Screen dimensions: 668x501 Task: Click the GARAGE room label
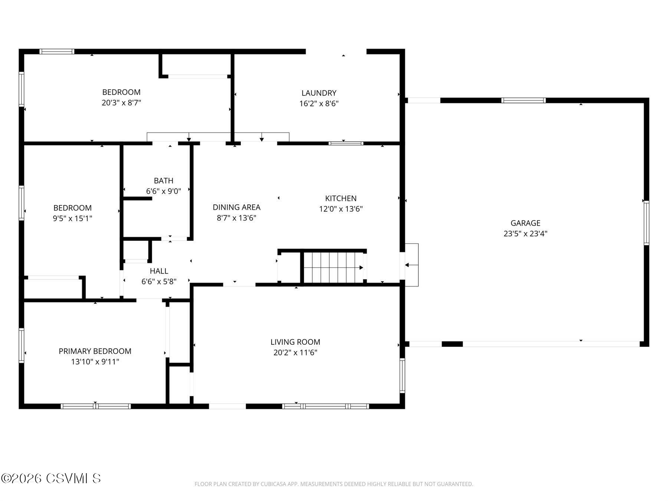click(x=525, y=223)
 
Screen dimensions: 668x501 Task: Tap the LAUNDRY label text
click(x=319, y=93)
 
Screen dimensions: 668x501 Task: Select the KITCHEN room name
click(x=341, y=198)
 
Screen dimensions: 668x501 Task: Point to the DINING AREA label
click(x=236, y=207)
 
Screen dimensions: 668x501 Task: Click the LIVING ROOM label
click(x=295, y=342)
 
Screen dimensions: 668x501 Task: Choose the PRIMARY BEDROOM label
click(x=95, y=351)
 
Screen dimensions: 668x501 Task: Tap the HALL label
click(x=159, y=271)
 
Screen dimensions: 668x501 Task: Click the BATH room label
click(x=164, y=180)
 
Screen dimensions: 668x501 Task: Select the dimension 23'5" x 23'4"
click(x=525, y=233)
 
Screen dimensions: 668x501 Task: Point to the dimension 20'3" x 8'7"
click(x=121, y=102)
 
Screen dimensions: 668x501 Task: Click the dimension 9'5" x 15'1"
click(x=72, y=218)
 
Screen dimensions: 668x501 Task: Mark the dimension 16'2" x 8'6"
click(x=319, y=103)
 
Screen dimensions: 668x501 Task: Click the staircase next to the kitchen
click(x=333, y=267)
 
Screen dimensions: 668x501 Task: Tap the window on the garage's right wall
click(x=646, y=223)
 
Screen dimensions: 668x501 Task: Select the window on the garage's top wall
click(x=523, y=100)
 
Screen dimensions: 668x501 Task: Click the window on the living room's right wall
click(x=402, y=375)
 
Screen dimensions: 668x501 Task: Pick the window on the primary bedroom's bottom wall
click(x=96, y=406)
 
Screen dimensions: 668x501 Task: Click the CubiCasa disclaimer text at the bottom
click(x=334, y=484)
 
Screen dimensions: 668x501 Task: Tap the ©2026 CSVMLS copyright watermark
click(x=51, y=478)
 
